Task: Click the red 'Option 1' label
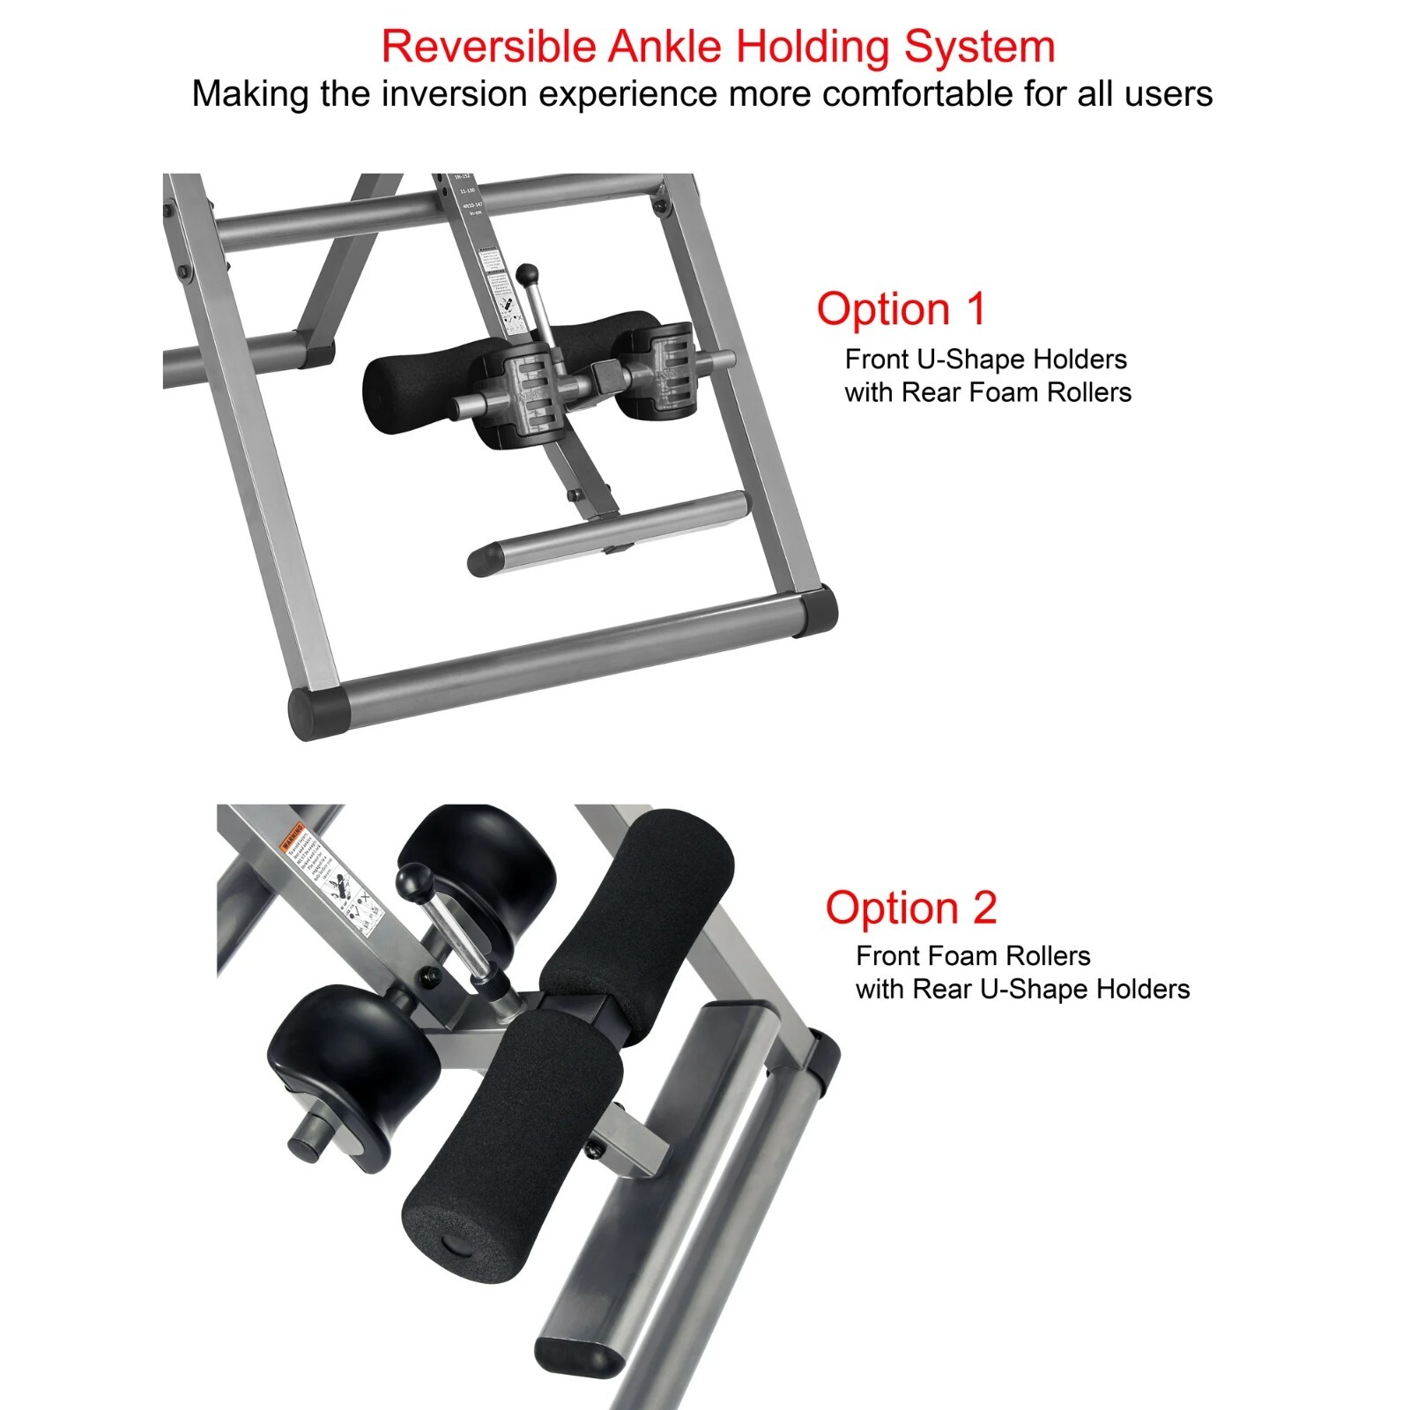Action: click(901, 309)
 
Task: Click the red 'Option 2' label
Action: click(910, 908)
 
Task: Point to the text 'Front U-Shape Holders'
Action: click(985, 360)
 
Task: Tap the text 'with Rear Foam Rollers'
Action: click(988, 392)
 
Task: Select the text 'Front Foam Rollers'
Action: click(973, 956)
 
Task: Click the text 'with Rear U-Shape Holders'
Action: click(1022, 989)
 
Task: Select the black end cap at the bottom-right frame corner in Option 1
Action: click(815, 610)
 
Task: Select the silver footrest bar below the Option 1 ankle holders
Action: click(608, 533)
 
